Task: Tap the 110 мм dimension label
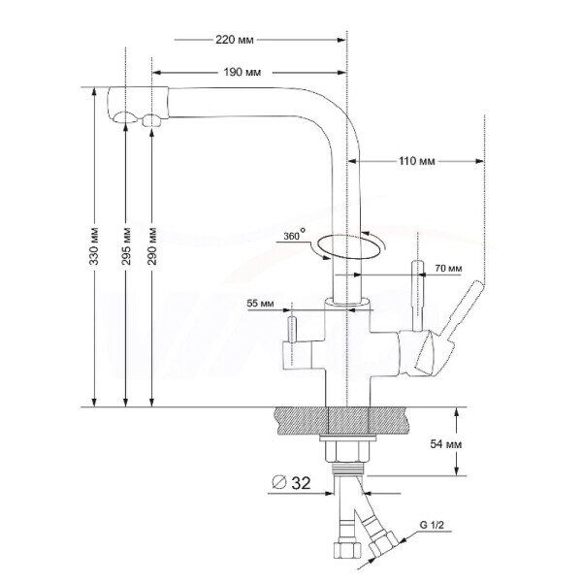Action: (417, 161)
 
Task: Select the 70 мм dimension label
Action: (447, 268)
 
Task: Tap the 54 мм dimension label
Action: (482, 443)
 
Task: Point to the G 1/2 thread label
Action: (434, 525)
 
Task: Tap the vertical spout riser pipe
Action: (349, 194)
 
